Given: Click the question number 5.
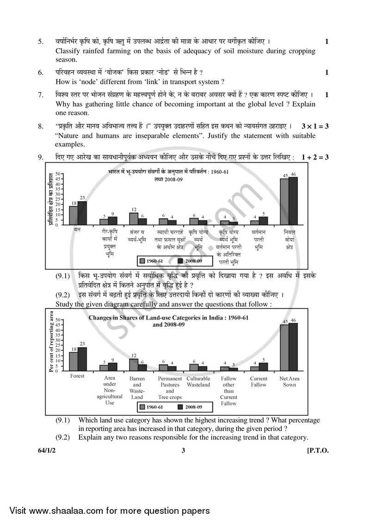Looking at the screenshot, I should tap(40, 42).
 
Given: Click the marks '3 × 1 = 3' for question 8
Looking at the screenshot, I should tap(314, 126).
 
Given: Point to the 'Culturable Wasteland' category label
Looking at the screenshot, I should tap(198, 381).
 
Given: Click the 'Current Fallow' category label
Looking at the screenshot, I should tap(259, 381).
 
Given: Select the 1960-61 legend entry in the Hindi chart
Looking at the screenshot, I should tap(152, 261).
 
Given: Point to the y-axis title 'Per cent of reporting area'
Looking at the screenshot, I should tap(50, 341).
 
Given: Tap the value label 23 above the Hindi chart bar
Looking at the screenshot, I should tap(82, 197).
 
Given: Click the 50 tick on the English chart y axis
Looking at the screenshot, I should tap(58, 320).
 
